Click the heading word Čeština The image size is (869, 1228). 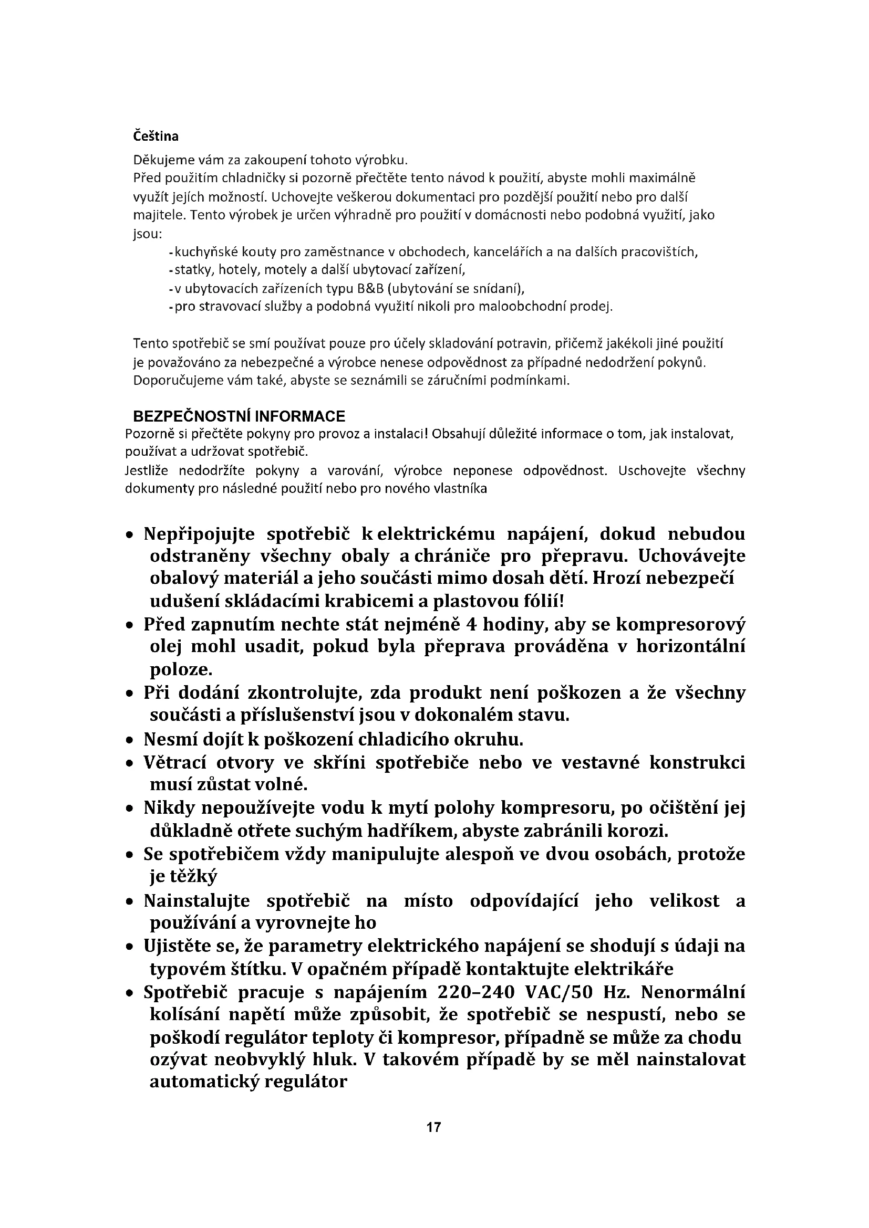click(156, 137)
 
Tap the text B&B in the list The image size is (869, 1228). click(369, 289)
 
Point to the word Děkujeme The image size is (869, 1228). click(159, 160)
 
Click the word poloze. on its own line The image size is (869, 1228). click(181, 669)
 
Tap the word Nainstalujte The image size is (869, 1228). click(196, 901)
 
